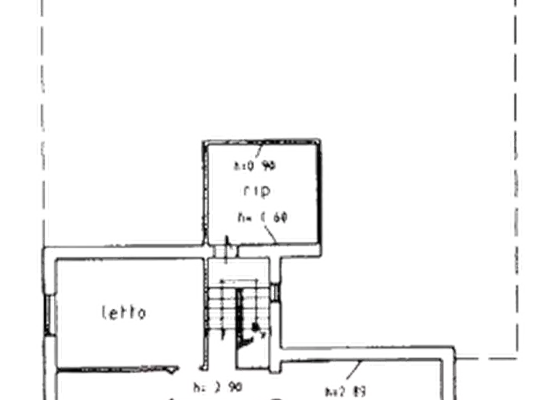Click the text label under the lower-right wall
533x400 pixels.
pos(346,391)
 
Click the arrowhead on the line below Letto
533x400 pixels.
pos(172,371)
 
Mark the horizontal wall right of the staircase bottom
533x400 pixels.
pos(370,349)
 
